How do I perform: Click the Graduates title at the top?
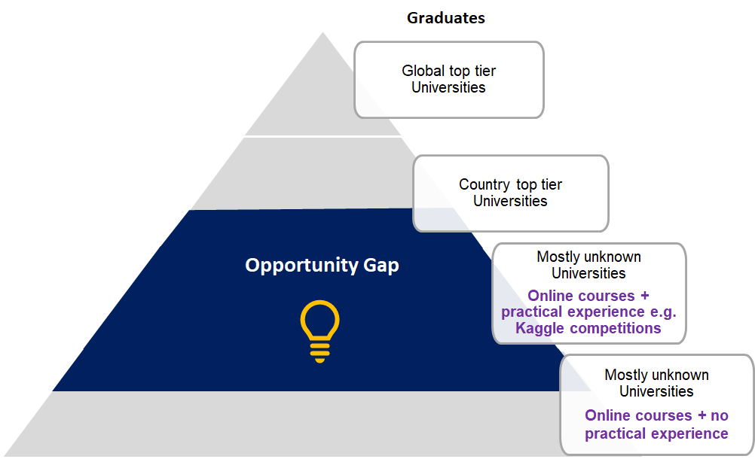(446, 18)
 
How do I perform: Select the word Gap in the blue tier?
(381, 266)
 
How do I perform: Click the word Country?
(484, 184)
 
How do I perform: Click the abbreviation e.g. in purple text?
(663, 312)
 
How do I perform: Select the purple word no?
(720, 416)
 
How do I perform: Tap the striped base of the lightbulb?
(319, 353)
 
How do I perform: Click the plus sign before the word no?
(702, 416)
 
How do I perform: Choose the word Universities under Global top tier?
(448, 87)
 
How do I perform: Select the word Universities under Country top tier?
(510, 201)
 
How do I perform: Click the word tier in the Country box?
(552, 184)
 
